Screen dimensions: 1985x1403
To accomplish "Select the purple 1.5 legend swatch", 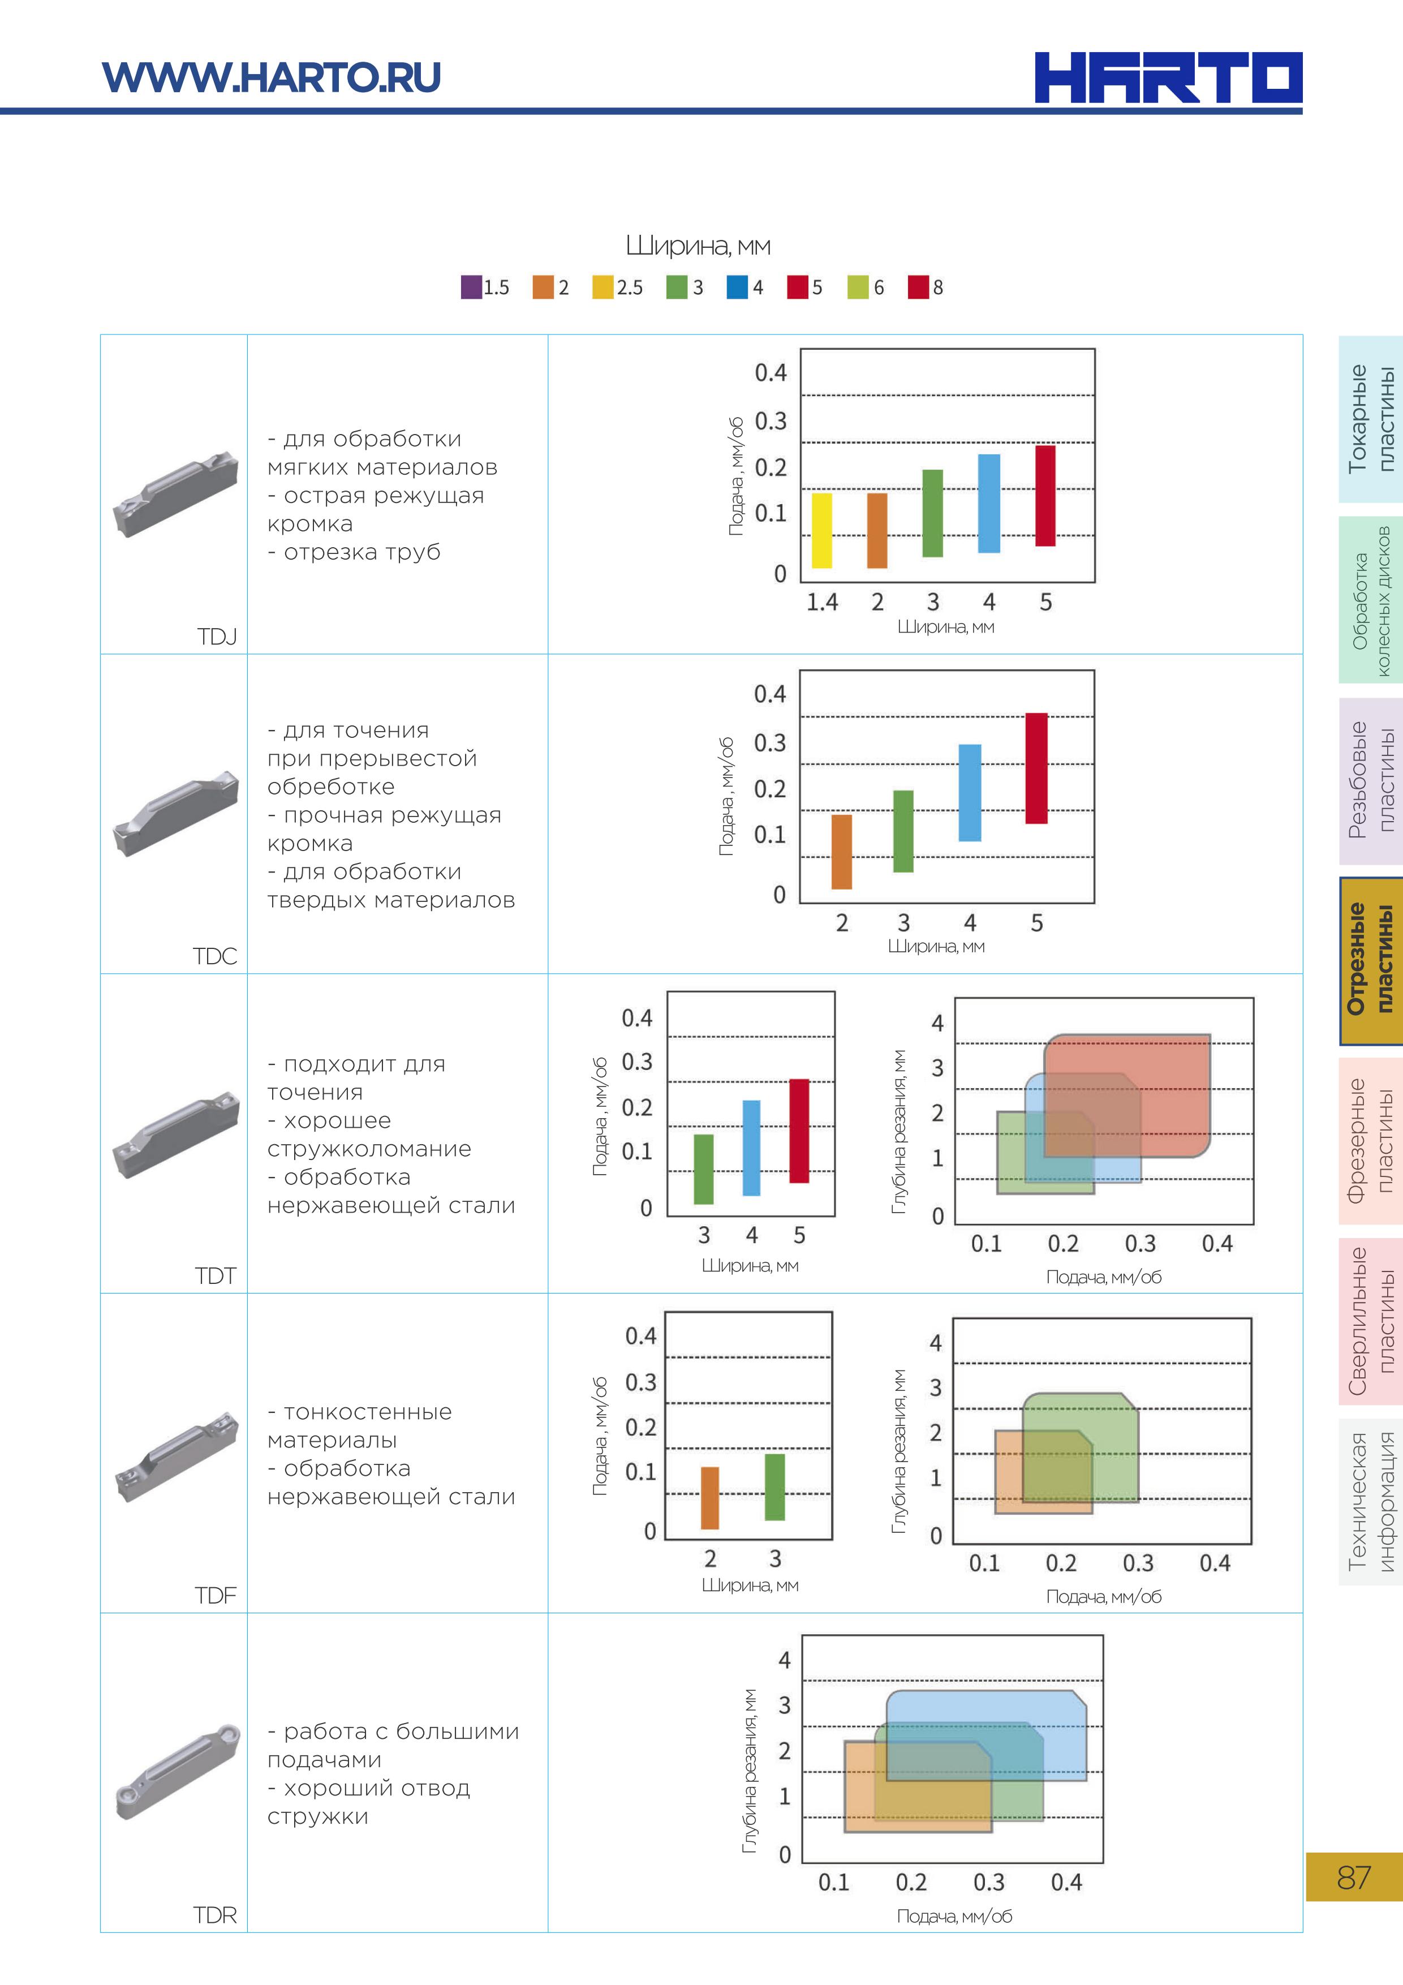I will tap(471, 287).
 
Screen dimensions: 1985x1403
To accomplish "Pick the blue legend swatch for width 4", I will tap(737, 287).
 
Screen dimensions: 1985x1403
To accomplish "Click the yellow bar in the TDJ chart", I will tap(822, 530).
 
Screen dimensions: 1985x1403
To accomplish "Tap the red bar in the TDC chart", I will tap(1036, 768).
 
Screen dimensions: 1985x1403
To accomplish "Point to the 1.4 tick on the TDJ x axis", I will tap(821, 601).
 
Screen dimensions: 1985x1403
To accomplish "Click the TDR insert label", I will tap(214, 1915).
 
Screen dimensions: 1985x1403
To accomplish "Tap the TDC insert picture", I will tap(175, 814).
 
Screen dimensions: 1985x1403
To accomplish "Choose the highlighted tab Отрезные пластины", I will tap(1370, 960).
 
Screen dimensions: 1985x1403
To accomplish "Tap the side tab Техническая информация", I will tap(1370, 1501).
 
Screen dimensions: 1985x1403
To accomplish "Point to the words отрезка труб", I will tap(362, 552).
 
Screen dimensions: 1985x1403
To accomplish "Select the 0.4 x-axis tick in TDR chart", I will tap(1066, 1882).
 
